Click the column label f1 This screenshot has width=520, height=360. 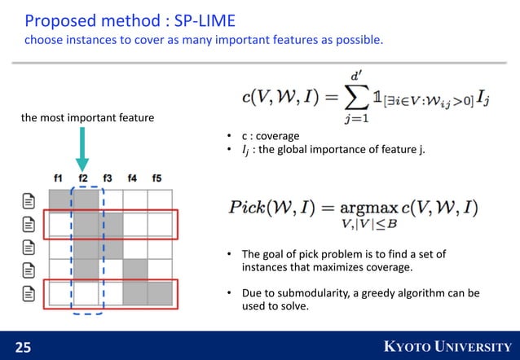click(x=58, y=178)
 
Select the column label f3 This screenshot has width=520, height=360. click(x=108, y=178)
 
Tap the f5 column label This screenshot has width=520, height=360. click(x=156, y=178)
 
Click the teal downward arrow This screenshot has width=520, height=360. click(x=82, y=153)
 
